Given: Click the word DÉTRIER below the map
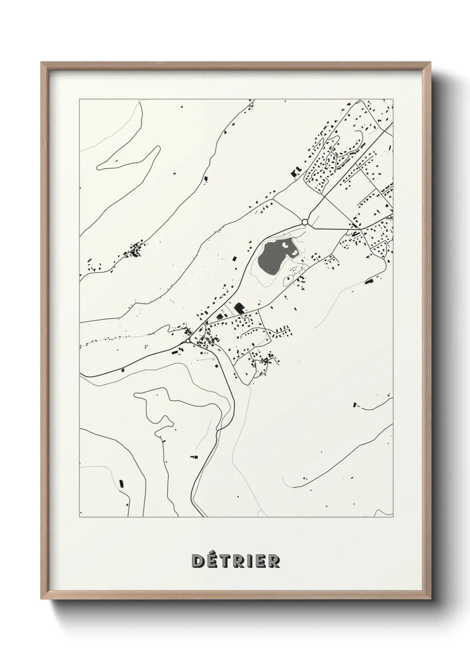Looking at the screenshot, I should coord(235,561).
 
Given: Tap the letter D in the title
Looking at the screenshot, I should coord(198,561).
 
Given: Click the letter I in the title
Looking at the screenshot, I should coord(249,561).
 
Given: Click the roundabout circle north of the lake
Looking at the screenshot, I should coord(305,222).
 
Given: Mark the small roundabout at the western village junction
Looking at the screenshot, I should coord(188,341).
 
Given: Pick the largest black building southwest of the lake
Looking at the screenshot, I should coord(240,307).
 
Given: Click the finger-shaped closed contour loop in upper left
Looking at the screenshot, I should coord(129,160).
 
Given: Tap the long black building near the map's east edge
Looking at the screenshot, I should coord(368,281).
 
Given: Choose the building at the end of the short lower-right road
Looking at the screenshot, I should coord(354,404).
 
